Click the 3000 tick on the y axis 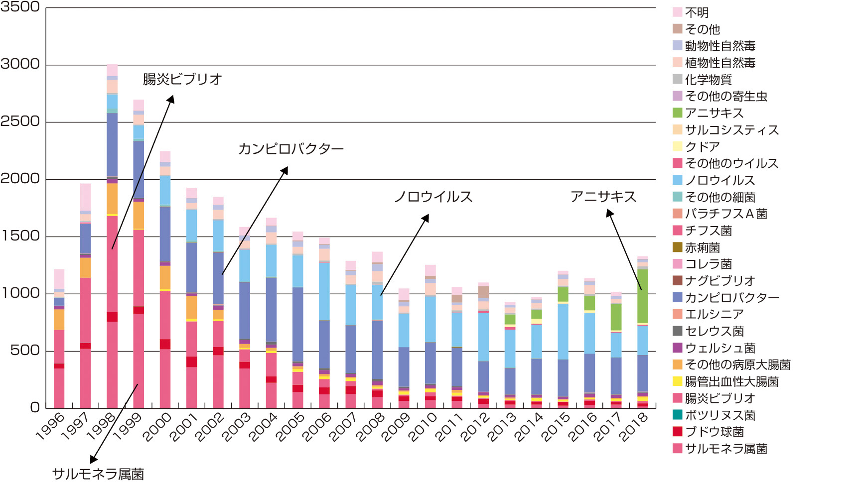click(x=20, y=64)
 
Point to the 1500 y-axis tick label click(x=20, y=236)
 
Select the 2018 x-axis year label click(x=634, y=426)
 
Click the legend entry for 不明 click(x=697, y=12)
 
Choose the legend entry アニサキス click(x=714, y=113)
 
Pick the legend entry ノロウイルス click(x=719, y=180)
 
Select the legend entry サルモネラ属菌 click(x=725, y=449)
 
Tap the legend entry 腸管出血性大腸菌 click(x=731, y=382)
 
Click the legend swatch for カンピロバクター click(x=678, y=297)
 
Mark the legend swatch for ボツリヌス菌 click(x=678, y=415)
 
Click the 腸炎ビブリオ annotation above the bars click(x=182, y=79)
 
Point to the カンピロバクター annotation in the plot click(x=291, y=148)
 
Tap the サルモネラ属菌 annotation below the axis click(x=98, y=474)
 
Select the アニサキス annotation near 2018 click(x=603, y=197)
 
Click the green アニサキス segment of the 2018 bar click(x=642, y=296)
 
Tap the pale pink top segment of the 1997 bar click(x=86, y=197)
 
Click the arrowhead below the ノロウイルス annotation click(x=427, y=218)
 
